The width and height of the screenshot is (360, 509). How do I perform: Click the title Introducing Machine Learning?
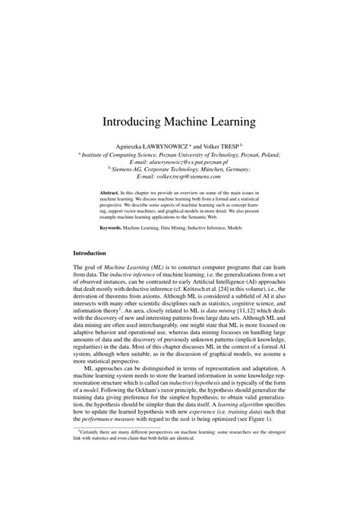coord(180,121)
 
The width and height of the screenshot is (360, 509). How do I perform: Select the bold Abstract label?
coord(112,194)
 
